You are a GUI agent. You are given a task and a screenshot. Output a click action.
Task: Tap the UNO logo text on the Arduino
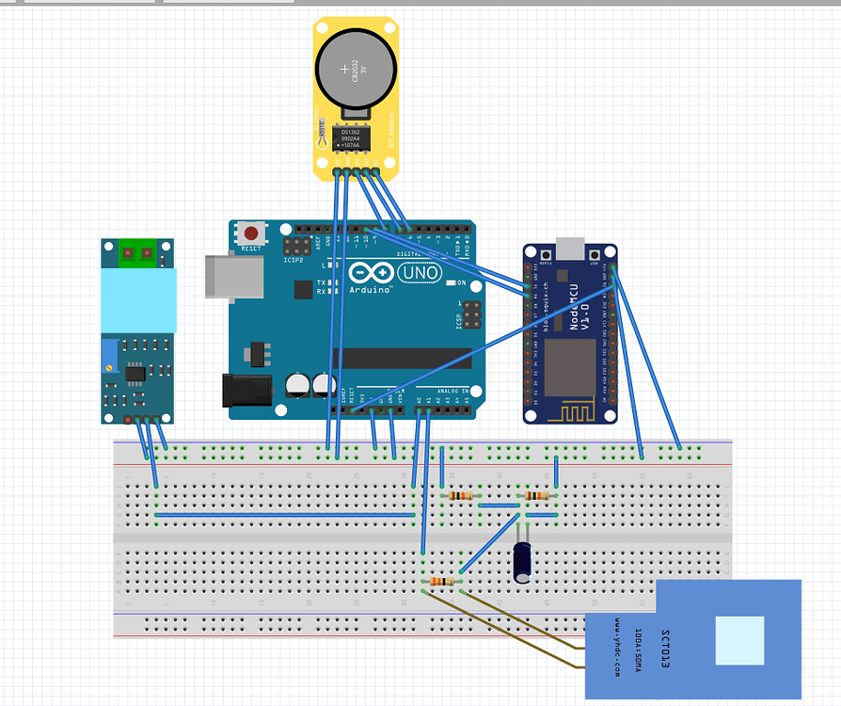pyautogui.click(x=420, y=272)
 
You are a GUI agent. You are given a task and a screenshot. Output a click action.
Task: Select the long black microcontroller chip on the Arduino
pyautogui.click(x=405, y=359)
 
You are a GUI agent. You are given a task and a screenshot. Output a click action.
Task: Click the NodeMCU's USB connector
pyautogui.click(x=570, y=249)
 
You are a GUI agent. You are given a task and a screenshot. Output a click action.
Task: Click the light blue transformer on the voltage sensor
pyautogui.click(x=138, y=300)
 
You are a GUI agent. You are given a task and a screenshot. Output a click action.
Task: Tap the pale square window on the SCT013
pyautogui.click(x=739, y=641)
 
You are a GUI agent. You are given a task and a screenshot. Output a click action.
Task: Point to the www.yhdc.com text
pyautogui.click(x=616, y=649)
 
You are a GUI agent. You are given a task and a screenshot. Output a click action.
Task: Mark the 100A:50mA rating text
pyautogui.click(x=640, y=650)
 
